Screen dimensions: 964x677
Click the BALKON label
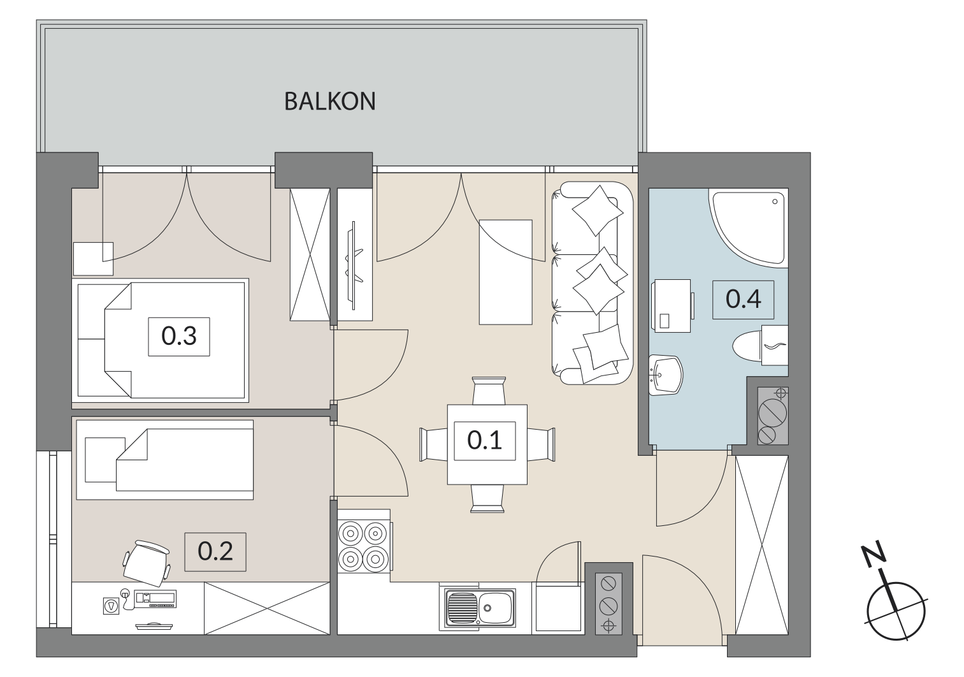click(x=329, y=101)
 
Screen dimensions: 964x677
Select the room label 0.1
click(x=485, y=440)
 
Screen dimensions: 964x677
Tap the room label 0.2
click(x=215, y=551)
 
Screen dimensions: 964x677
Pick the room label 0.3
click(x=179, y=337)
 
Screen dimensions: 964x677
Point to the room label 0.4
click(x=743, y=300)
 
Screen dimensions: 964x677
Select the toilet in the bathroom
click(x=760, y=346)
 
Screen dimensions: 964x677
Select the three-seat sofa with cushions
click(x=593, y=283)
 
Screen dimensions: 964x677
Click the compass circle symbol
click(x=896, y=610)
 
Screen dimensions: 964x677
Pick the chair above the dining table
click(x=488, y=391)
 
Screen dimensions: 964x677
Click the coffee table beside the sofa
click(x=506, y=272)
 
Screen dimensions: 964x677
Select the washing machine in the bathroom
click(x=673, y=306)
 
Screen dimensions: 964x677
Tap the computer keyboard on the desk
click(x=156, y=599)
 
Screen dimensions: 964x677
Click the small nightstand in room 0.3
click(x=94, y=259)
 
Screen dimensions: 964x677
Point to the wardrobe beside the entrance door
click(x=762, y=545)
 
